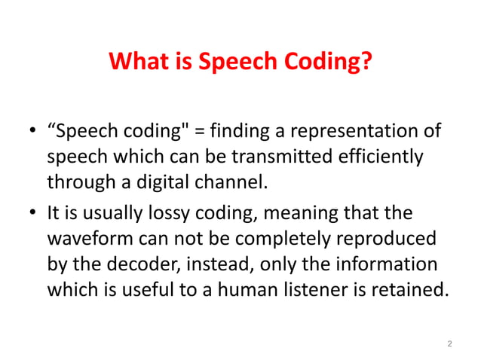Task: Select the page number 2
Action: (x=449, y=344)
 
